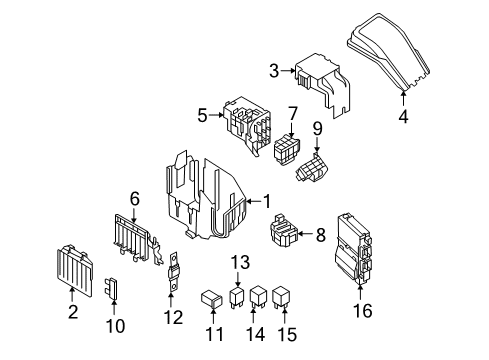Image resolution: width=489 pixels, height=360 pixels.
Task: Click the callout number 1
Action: click(x=267, y=200)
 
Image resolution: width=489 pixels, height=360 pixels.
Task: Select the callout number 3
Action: click(x=273, y=70)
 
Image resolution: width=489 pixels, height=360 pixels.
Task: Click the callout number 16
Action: click(x=363, y=311)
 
